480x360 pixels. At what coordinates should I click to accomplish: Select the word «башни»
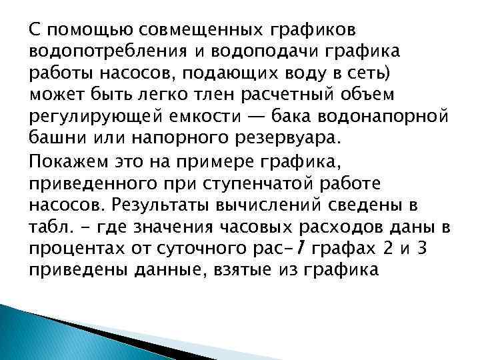[55, 139]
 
